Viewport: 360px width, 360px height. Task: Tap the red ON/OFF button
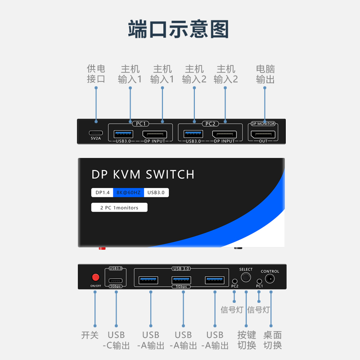pyautogui.click(x=95, y=277)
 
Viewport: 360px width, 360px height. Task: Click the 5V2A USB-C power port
pyautogui.click(x=96, y=133)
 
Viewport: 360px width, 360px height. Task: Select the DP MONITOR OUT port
pyautogui.click(x=263, y=134)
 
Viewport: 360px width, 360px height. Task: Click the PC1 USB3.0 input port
pyautogui.click(x=124, y=134)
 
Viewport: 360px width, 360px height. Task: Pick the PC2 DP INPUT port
pyautogui.click(x=225, y=134)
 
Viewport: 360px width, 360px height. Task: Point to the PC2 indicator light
pyautogui.click(x=234, y=280)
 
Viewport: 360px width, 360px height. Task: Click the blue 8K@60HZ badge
pyautogui.click(x=129, y=193)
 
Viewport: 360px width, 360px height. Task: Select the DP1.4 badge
pyautogui.click(x=102, y=193)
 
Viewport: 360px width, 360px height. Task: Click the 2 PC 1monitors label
pyautogui.click(x=119, y=207)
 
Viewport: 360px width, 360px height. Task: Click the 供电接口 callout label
pyautogui.click(x=96, y=74)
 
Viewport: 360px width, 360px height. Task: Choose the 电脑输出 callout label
pyautogui.click(x=265, y=74)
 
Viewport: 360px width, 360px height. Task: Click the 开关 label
pyautogui.click(x=90, y=335)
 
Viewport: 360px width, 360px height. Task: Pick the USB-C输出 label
pyautogui.click(x=116, y=340)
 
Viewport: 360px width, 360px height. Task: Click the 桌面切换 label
pyautogui.click(x=272, y=340)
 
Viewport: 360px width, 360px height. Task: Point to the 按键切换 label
pyautogui.click(x=247, y=340)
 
